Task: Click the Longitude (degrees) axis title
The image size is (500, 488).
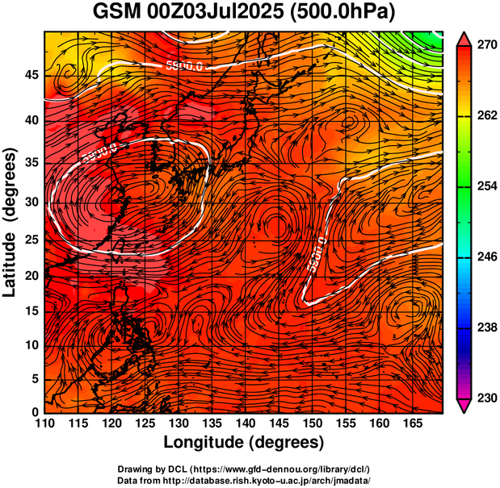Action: [x=244, y=442]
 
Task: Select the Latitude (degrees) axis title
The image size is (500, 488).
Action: [x=11, y=222]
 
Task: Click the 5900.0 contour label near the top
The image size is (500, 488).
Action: [x=183, y=66]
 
